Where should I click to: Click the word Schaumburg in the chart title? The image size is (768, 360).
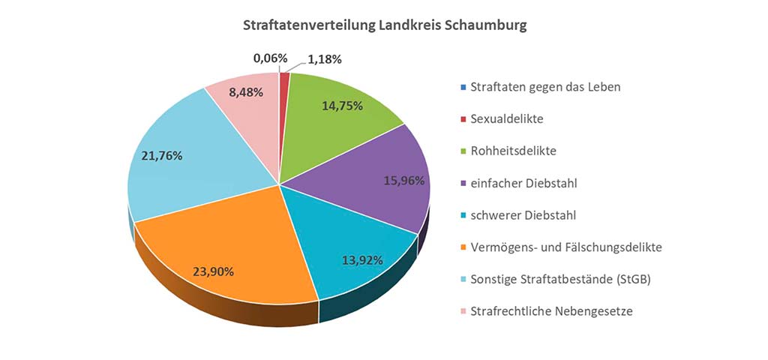click(485, 25)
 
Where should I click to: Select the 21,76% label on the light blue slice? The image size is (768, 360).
click(161, 156)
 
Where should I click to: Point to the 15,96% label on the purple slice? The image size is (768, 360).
click(403, 181)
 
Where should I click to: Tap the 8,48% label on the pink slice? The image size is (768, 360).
click(241, 94)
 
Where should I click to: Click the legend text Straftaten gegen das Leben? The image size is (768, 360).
click(545, 86)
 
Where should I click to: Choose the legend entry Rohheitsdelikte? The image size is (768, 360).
click(514, 151)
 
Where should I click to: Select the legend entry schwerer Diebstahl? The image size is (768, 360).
click(523, 215)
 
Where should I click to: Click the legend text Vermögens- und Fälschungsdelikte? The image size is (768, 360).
click(566, 247)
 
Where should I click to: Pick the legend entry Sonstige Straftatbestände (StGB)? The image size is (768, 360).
click(559, 279)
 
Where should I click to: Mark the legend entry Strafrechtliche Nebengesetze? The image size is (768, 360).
click(551, 310)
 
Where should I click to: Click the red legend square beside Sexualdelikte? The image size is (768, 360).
click(462, 119)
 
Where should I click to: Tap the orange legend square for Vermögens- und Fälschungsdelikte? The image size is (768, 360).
click(462, 247)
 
